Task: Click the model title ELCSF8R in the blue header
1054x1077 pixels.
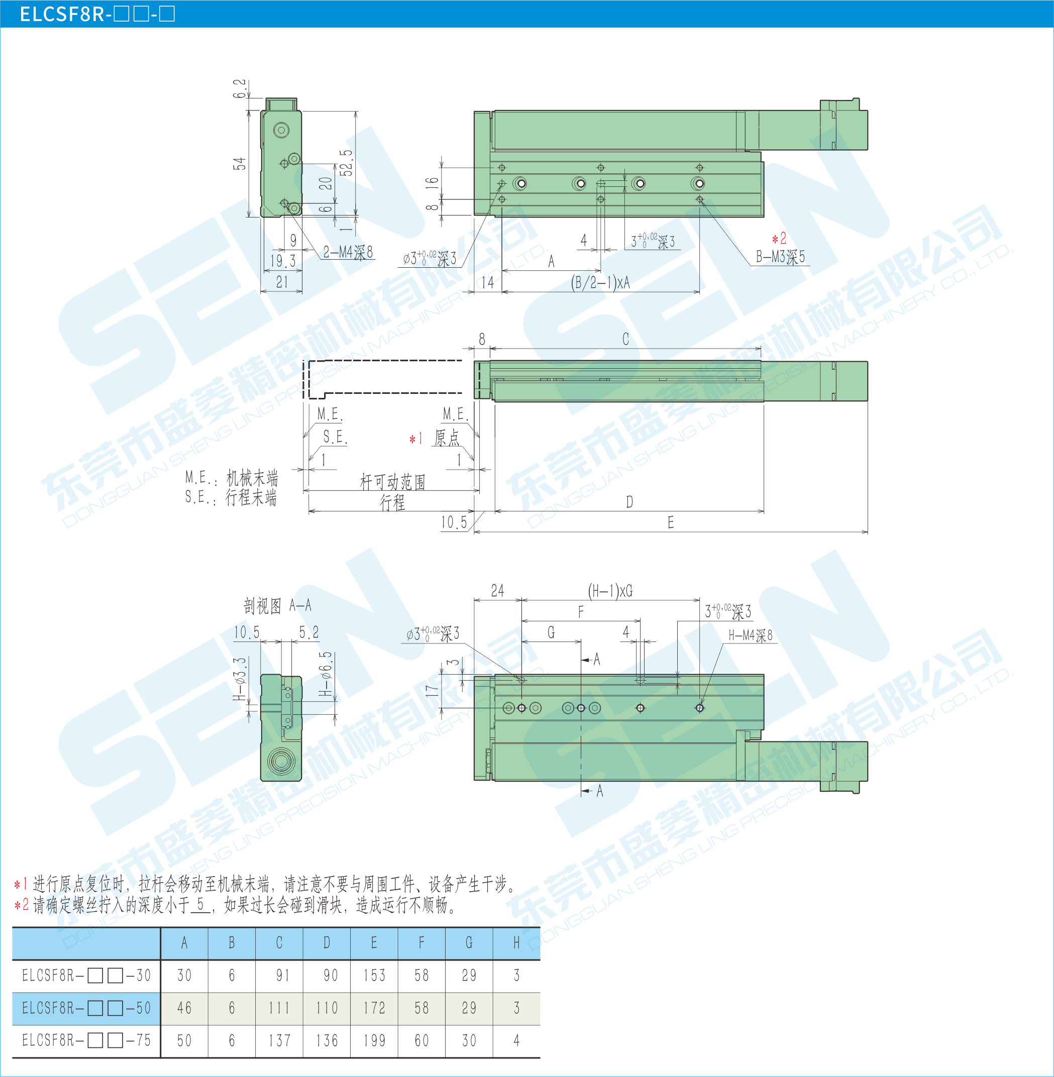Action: point(62,14)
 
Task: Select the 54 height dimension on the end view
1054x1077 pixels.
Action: point(239,164)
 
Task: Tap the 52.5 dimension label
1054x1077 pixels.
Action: point(346,163)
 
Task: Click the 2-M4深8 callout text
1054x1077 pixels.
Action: point(348,252)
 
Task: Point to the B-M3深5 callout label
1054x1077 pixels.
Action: point(781,257)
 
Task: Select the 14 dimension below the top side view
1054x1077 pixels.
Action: point(487,283)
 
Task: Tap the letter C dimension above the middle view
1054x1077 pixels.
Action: point(625,339)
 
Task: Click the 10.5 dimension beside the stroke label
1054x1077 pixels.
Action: point(454,522)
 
